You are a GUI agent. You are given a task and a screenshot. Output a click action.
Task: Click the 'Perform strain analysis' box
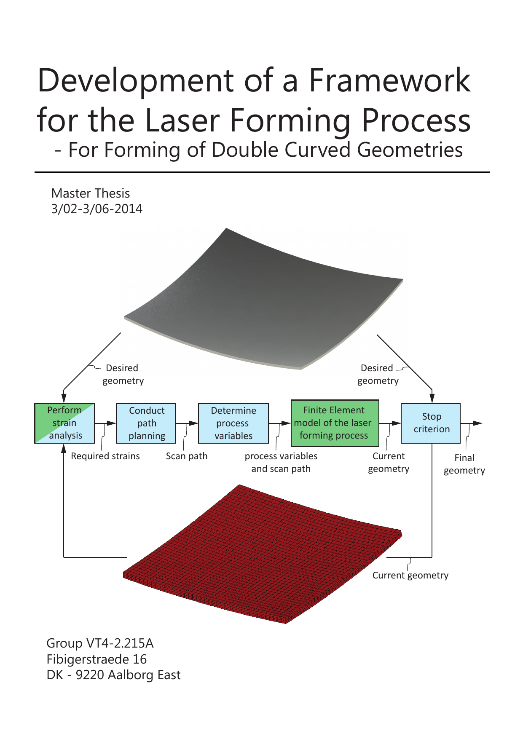[x=64, y=423]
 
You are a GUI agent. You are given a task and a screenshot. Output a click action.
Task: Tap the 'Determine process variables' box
[x=233, y=423]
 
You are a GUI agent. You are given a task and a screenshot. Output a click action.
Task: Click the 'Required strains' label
[x=105, y=456]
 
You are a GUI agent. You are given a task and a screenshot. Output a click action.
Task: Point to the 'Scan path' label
[x=187, y=456]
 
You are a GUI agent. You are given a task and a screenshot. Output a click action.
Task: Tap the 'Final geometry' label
[x=464, y=464]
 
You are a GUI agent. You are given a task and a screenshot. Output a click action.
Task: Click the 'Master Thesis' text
[x=91, y=193]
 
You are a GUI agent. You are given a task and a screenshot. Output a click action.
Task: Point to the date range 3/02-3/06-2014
[x=97, y=209]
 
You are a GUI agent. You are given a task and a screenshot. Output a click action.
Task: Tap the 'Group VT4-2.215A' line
[x=100, y=643]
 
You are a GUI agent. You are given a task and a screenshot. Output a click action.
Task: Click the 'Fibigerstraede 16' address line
[x=97, y=659]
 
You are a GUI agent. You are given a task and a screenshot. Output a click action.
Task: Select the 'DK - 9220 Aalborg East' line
[x=113, y=675]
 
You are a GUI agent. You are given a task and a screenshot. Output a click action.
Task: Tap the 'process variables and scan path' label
[x=281, y=462]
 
